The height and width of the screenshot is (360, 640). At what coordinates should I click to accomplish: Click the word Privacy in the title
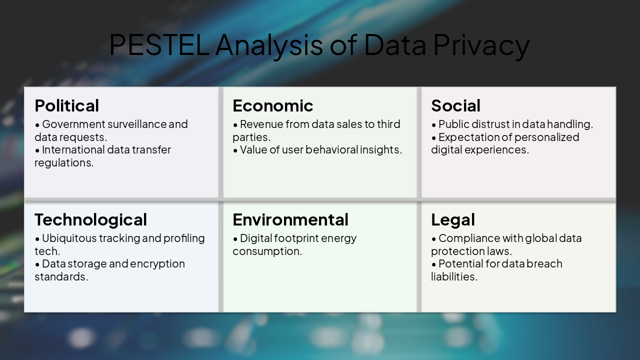point(481,44)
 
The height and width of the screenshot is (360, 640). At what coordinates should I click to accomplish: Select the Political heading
point(67,106)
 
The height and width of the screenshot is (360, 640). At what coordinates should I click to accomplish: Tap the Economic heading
point(273,106)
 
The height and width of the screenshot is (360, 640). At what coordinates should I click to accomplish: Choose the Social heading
point(455,106)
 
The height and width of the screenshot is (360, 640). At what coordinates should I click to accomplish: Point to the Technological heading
point(90,220)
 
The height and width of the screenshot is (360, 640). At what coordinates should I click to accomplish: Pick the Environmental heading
point(290,220)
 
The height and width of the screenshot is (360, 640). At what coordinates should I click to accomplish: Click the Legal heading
point(453,220)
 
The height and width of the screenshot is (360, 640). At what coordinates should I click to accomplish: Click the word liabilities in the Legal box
point(454,276)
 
